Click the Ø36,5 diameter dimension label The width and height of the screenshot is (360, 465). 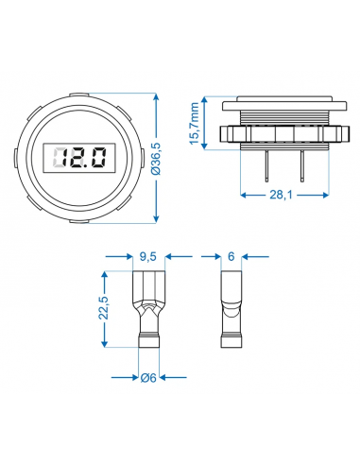157,159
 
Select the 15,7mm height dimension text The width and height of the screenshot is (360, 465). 195,124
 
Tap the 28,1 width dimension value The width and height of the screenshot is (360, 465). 281,195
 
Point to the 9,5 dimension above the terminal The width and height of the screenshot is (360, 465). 148,257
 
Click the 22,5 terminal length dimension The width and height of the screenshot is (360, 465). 103,308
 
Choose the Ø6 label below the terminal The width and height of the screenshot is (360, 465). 148,377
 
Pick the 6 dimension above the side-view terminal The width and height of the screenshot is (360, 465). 231,256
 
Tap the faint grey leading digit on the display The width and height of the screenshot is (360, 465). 59,158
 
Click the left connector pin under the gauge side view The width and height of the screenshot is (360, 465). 266,166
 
